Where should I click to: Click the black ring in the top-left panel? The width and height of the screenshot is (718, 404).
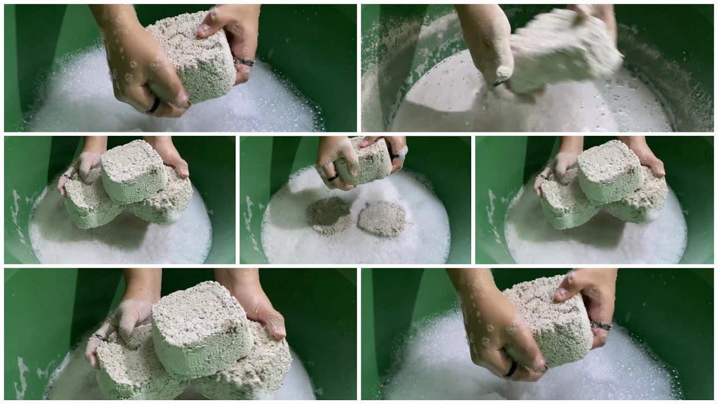pyautogui.click(x=153, y=106)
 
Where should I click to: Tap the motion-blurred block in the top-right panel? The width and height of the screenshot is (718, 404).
pyautogui.click(x=564, y=50)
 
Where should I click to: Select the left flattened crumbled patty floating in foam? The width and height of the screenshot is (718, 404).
pyautogui.click(x=329, y=215)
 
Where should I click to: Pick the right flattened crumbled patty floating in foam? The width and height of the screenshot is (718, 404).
pyautogui.click(x=381, y=219)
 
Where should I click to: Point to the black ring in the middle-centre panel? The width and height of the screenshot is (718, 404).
pyautogui.click(x=332, y=178)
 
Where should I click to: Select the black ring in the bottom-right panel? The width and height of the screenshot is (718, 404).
pyautogui.click(x=510, y=369)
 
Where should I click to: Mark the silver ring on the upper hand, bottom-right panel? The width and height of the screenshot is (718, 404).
pyautogui.click(x=600, y=325)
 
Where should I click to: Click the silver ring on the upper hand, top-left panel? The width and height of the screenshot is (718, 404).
pyautogui.click(x=244, y=61)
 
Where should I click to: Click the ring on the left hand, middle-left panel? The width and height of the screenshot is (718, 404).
pyautogui.click(x=67, y=177)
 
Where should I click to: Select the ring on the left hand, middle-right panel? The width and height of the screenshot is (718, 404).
pyautogui.click(x=543, y=177)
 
